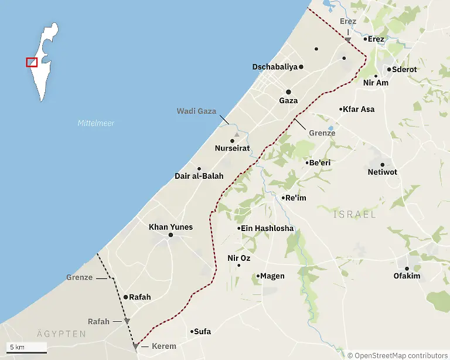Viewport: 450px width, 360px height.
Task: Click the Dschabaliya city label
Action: point(275,67)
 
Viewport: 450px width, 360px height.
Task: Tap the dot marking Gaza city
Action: point(288,92)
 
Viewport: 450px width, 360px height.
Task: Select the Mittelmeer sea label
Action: point(96,123)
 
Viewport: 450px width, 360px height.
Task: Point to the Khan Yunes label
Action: point(171,227)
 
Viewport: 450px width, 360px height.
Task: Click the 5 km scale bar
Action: point(27,351)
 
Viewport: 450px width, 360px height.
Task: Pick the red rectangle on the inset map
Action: point(32,62)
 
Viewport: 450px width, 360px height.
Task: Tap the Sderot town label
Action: point(404,69)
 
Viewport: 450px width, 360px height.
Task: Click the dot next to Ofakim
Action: point(407,269)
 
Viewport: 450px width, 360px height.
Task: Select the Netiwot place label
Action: point(382,173)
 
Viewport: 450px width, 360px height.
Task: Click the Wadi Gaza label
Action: point(197,111)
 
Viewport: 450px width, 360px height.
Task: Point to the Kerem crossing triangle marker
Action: point(136,347)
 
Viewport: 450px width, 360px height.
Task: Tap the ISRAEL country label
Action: point(354,215)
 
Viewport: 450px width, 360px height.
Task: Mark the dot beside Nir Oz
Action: point(238,266)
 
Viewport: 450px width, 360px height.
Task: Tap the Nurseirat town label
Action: point(232,149)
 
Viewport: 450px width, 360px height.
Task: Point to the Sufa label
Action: point(202,332)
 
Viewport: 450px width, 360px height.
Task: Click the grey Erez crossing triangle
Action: point(348,40)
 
